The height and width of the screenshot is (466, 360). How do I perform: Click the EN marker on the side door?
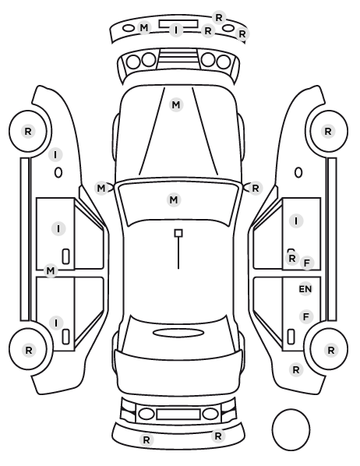tap(305, 289)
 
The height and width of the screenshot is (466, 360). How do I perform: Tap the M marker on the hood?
tap(176, 105)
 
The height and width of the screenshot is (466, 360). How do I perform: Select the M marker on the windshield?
tap(174, 199)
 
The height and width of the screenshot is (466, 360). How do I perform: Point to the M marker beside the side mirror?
tap(101, 188)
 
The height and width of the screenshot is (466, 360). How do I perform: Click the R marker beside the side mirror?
tap(256, 188)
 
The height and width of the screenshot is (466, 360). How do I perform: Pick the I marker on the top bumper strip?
tap(176, 30)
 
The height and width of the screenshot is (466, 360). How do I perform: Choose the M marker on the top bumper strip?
tap(144, 28)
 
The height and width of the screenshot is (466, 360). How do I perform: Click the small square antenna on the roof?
tap(178, 233)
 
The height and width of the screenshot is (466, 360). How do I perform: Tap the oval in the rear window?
tap(178, 333)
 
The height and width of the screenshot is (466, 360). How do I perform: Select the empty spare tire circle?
tap(291, 429)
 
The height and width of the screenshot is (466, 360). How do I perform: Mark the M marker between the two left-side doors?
tap(51, 270)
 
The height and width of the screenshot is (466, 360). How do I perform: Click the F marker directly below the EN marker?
tap(306, 317)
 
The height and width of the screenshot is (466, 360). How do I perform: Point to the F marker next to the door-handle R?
tap(307, 263)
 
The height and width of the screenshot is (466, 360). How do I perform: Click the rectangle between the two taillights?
tap(178, 414)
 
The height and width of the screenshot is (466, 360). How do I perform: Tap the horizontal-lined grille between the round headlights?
tap(178, 59)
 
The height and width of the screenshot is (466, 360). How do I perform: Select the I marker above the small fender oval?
tap(55, 155)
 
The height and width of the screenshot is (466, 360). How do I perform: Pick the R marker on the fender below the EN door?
tap(296, 369)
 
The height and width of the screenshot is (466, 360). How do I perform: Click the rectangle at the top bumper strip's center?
tap(178, 24)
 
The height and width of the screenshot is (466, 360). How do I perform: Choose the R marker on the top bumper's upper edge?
tap(219, 18)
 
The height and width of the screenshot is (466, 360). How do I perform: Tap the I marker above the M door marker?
tap(58, 229)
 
